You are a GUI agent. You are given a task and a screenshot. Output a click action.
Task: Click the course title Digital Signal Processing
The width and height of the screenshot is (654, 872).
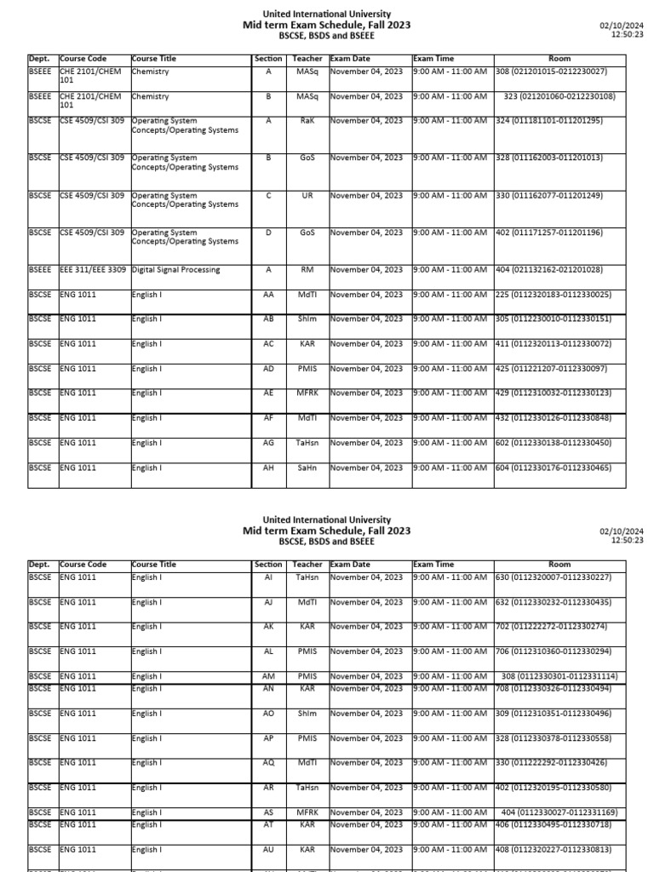pos(175,270)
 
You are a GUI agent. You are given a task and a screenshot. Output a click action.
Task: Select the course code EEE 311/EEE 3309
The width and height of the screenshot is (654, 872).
pos(93,270)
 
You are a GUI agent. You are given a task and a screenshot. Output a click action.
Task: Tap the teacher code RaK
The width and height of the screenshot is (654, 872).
pos(307,121)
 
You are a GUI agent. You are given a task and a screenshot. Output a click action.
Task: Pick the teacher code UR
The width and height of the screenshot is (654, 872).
pos(307,196)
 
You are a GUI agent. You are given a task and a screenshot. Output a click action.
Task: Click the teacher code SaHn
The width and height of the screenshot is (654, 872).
pos(307,468)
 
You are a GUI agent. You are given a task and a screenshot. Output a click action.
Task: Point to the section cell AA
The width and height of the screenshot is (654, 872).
pos(268,295)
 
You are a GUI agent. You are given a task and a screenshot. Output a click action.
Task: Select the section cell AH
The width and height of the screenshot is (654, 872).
pos(268,468)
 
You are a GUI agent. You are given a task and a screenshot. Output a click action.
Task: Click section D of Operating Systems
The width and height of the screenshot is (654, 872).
pos(268,232)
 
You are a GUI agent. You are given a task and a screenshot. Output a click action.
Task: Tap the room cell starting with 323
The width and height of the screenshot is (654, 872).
pos(559,97)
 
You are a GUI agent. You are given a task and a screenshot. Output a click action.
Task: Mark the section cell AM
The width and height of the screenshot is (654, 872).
pos(268,677)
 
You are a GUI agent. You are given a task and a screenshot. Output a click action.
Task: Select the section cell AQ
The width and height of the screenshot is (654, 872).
pos(268,763)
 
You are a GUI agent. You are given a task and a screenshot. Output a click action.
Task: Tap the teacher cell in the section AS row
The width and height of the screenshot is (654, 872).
pos(307,813)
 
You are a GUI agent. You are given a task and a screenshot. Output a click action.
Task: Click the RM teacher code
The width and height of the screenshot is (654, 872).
pos(307,270)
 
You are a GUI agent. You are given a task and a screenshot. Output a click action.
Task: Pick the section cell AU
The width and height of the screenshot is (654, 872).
pos(268,850)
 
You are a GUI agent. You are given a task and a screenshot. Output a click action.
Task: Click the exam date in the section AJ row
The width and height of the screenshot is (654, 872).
pos(366,602)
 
